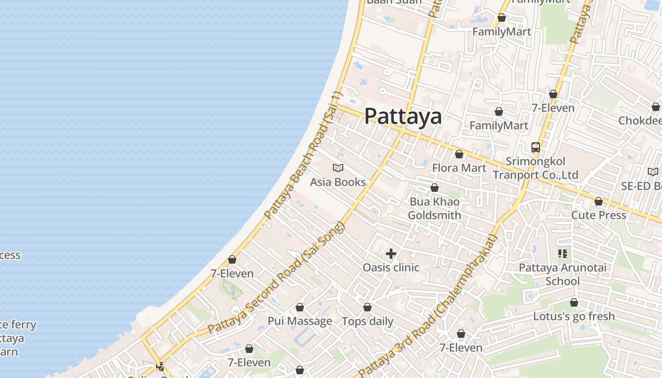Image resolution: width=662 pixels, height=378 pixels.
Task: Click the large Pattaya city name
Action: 403,116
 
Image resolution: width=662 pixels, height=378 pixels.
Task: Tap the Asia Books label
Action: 338,182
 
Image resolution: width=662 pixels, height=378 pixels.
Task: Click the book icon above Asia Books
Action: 338,168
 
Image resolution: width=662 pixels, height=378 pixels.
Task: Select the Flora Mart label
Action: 459,168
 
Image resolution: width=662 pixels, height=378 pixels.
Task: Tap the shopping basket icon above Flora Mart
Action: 459,154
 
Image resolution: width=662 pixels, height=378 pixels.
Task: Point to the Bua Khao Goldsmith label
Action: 434,208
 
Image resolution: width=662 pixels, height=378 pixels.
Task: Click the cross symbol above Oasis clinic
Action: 391,254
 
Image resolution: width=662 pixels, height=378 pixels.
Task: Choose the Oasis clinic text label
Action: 391,267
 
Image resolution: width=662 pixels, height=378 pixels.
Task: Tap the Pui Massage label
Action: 300,321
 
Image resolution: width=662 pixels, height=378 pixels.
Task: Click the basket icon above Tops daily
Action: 367,308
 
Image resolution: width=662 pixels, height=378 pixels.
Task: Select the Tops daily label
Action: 367,321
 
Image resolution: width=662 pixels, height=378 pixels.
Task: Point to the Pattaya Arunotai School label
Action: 563,274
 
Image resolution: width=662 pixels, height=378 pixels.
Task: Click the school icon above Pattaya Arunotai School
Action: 563,254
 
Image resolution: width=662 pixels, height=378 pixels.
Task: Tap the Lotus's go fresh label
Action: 574,316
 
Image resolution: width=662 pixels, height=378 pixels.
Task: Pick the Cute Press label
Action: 599,215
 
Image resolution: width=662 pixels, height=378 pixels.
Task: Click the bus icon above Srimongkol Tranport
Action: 535,147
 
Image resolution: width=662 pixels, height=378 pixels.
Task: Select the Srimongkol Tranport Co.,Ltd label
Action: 535,168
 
